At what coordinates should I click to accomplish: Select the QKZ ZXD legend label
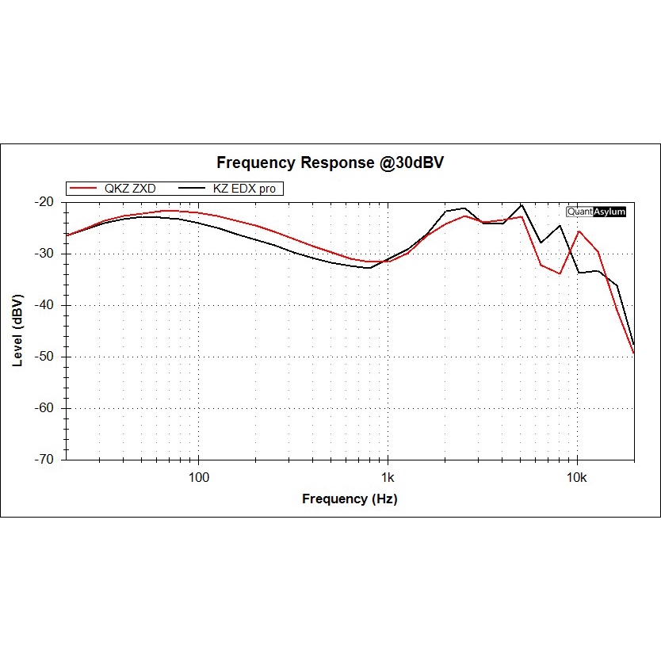pos(129,189)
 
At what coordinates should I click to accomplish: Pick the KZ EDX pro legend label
pos(246,189)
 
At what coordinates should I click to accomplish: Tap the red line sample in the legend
pos(84,189)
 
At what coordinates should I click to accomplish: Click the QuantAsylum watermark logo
pos(596,212)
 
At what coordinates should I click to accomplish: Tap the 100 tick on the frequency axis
pos(198,477)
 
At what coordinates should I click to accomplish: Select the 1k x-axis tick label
pos(387,477)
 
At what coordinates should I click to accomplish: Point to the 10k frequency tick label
pos(576,477)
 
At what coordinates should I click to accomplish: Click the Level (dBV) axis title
pos(17,330)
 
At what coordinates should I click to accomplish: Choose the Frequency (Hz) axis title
pos(350,499)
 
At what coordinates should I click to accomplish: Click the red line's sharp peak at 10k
pos(579,231)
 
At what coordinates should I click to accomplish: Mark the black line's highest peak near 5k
pos(522,204)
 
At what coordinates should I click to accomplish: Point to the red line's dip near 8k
pos(560,273)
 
